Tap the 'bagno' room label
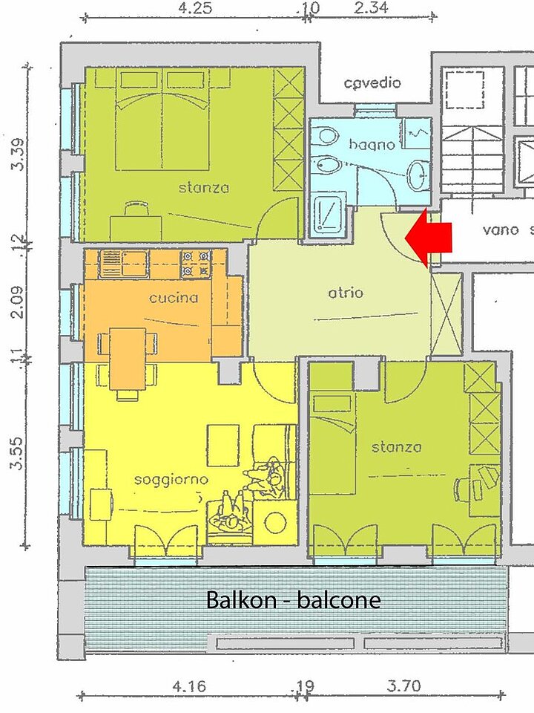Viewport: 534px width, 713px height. (x=372, y=145)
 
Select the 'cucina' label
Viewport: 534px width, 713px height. (x=174, y=298)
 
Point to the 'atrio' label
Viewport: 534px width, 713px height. (x=346, y=293)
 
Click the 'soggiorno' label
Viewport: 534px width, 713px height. (x=171, y=480)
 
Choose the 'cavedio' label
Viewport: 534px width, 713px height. (x=372, y=82)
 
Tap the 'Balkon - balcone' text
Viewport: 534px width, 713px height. (x=294, y=600)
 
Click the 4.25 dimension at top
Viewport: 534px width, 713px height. (x=195, y=8)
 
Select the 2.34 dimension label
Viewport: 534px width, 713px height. (x=371, y=7)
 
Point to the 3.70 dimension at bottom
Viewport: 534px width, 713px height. (x=403, y=686)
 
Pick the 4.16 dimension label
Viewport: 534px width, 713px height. (x=189, y=686)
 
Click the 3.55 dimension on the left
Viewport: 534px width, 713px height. (x=16, y=453)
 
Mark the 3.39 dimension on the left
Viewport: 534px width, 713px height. (x=18, y=154)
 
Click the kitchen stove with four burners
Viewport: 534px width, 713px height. (x=197, y=264)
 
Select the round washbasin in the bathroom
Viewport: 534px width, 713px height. (x=418, y=175)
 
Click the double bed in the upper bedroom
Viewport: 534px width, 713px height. (x=162, y=119)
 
